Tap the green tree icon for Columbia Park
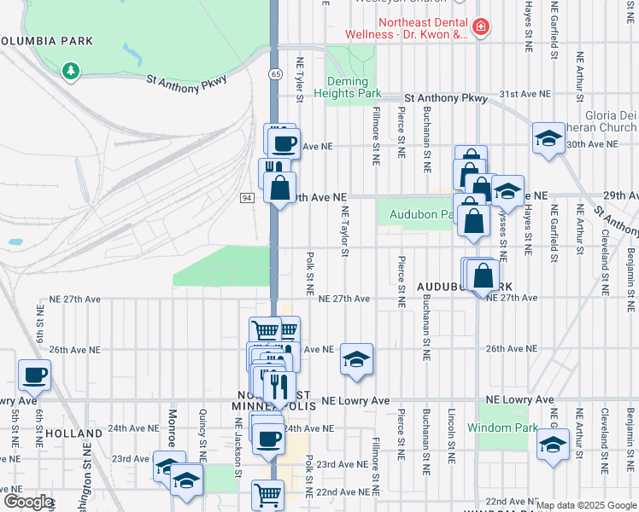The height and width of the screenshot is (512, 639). click(x=70, y=71)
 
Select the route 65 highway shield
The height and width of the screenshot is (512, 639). click(x=274, y=75)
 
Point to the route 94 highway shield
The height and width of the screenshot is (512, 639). click(x=247, y=198)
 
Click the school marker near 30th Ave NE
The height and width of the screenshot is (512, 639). click(x=548, y=138)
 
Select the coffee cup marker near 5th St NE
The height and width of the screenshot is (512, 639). click(x=34, y=374)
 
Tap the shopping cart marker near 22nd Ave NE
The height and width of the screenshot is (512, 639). click(x=268, y=493)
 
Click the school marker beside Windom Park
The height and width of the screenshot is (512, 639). click(x=554, y=445)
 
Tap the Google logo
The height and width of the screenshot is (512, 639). click(x=27, y=502)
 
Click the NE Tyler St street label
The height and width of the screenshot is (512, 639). click(x=299, y=79)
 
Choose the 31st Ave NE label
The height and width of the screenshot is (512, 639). click(x=525, y=94)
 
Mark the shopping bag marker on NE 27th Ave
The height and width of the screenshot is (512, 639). click(x=483, y=275)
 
